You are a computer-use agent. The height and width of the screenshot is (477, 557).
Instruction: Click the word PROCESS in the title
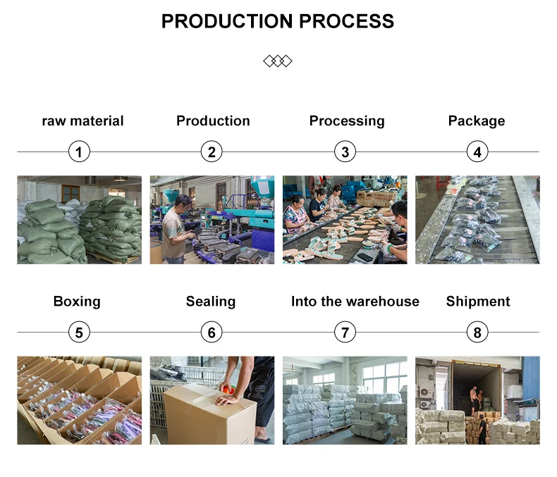pos(346,21)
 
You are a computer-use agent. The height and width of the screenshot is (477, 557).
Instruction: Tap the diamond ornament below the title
pos(278,61)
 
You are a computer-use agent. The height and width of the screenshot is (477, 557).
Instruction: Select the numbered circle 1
pos(79,151)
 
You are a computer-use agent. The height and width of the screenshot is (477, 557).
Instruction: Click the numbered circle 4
pos(477,151)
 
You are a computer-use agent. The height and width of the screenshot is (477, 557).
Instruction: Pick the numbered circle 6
pos(211,332)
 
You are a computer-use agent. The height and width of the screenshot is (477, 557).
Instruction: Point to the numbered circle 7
pos(344,332)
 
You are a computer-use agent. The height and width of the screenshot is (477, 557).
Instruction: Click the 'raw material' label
pos(82,121)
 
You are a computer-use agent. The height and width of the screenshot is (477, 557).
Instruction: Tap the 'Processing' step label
pos(347,121)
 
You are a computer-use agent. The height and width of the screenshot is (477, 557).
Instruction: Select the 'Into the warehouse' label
pos(355,302)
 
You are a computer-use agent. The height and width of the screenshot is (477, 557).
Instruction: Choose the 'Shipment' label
pos(478,302)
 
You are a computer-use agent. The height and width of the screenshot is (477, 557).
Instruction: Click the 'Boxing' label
pos(77,302)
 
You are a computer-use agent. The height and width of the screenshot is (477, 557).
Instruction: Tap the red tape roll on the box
pos(229,390)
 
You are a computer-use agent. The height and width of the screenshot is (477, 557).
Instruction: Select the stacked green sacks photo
pos(79,220)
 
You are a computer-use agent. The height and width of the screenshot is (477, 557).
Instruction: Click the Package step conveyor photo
pos(477,220)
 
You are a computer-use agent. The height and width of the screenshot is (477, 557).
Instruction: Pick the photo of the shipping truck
pos(477,400)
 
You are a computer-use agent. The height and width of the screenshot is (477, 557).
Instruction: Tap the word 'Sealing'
pos(211,302)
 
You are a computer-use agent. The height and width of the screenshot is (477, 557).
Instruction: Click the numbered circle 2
pos(211,151)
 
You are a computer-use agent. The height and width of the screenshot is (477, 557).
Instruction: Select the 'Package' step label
pos(477,121)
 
